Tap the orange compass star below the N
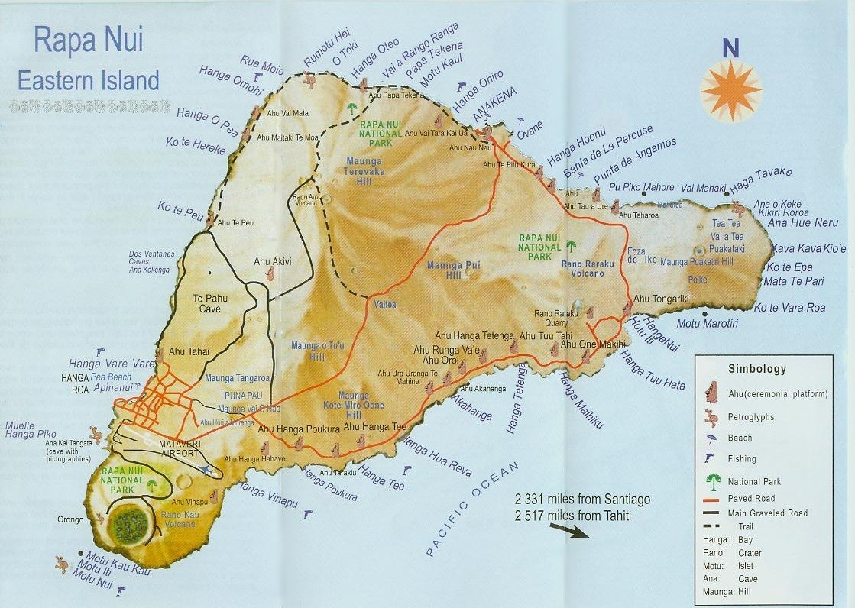tap(730, 90)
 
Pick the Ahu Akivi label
tap(272, 261)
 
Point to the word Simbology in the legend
tap(756, 369)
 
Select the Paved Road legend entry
tap(751, 499)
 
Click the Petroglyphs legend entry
tap(751, 417)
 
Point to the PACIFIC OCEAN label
tap(473, 509)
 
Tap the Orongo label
tap(70, 520)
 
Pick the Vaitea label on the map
tap(385, 304)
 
